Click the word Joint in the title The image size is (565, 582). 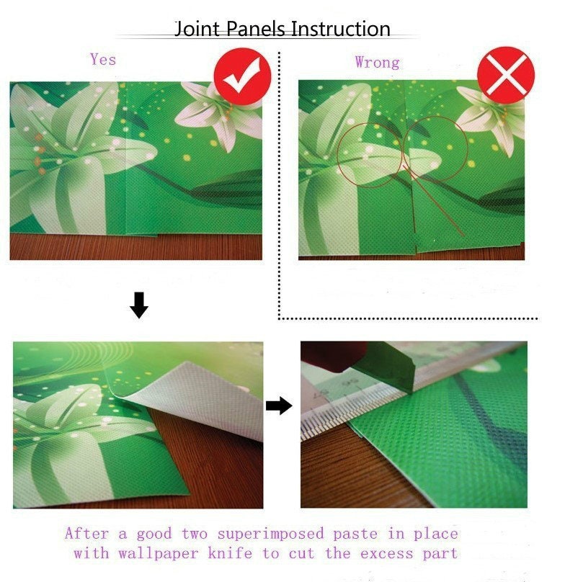197,29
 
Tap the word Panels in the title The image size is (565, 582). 256,29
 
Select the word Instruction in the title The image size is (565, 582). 340,29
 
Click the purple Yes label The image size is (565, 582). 103,59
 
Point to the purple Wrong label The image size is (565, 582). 377,63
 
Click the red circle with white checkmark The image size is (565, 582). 243,76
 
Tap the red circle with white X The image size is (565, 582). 506,75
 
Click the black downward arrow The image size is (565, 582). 139,305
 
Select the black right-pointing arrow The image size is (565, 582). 279,406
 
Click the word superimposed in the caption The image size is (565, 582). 270,534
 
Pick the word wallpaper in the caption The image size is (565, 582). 159,554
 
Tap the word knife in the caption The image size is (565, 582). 230,553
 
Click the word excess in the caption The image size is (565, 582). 386,554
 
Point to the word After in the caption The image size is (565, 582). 87,534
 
